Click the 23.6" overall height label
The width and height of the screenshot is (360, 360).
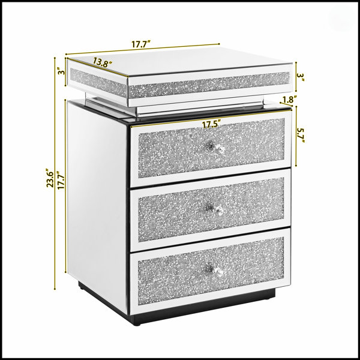pyautogui.click(x=50, y=179)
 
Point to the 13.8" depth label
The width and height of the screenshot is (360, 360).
pyautogui.click(x=103, y=62)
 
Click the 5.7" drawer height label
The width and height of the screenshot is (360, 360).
pyautogui.click(x=301, y=135)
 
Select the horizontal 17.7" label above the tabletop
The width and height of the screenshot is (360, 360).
pyautogui.click(x=141, y=44)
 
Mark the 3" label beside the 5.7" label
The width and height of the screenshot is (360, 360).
pyautogui.click(x=301, y=77)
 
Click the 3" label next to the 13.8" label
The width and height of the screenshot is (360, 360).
pyautogui.click(x=61, y=71)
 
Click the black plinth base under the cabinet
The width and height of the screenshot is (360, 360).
pyautogui.click(x=177, y=304)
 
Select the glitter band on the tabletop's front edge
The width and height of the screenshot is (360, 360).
pyautogui.click(x=209, y=85)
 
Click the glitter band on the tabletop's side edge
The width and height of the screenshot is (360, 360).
pyautogui.click(x=99, y=82)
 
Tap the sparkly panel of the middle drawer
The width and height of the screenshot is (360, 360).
pyautogui.click(x=211, y=209)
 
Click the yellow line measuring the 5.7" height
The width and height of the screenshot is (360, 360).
pyautogui.click(x=296, y=136)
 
